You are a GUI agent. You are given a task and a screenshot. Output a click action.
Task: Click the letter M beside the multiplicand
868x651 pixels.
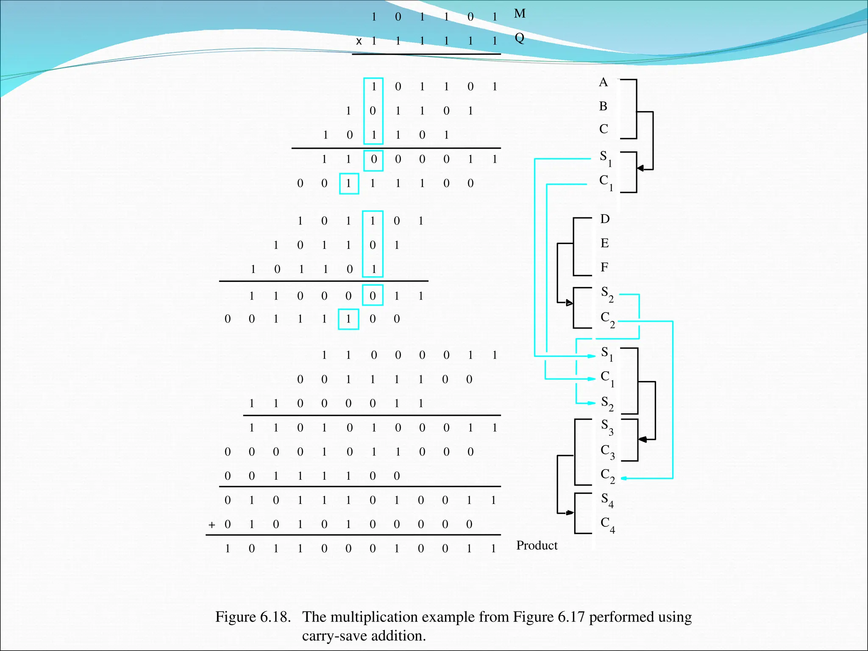click(x=520, y=14)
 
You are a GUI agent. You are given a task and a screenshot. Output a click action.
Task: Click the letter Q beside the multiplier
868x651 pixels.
click(x=519, y=38)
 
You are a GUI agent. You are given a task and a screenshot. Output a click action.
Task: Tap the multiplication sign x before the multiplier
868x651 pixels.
click(x=359, y=42)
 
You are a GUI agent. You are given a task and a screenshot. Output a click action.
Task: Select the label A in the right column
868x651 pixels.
click(x=603, y=82)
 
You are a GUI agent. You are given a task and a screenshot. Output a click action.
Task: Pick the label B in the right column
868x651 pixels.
click(x=603, y=106)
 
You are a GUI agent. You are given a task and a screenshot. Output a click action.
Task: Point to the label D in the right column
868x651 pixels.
click(x=605, y=219)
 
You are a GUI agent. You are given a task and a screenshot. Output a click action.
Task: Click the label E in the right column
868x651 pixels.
click(x=604, y=243)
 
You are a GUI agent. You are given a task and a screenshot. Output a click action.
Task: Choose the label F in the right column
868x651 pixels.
click(x=604, y=267)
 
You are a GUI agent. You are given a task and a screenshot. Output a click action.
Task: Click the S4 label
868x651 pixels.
click(x=607, y=500)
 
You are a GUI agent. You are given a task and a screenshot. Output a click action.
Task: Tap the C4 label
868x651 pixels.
click(x=607, y=525)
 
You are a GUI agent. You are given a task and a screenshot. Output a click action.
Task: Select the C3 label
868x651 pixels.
click(x=607, y=452)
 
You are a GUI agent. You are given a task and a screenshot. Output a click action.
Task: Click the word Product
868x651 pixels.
click(x=537, y=545)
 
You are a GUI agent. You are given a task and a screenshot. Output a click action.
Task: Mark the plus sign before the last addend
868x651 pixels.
click(x=212, y=525)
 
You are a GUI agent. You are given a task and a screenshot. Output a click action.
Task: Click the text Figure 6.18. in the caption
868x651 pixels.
click(x=253, y=617)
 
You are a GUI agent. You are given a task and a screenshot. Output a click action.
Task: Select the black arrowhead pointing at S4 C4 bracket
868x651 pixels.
click(x=570, y=513)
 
